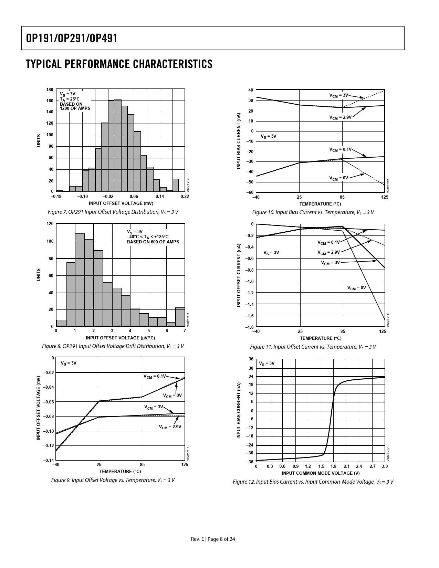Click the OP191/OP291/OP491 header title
click(72, 38)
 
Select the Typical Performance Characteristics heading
click(119, 64)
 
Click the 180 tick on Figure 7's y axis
click(50, 90)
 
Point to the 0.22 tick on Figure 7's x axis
click(185, 197)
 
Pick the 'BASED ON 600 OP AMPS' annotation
click(153, 242)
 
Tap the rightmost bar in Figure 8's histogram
click(180, 317)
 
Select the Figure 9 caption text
click(113, 480)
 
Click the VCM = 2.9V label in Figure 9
click(170, 427)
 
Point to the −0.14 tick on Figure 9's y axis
click(49, 461)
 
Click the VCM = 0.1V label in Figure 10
click(340, 149)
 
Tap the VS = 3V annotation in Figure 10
click(269, 136)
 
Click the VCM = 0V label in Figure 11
click(356, 288)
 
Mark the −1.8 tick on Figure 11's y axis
click(249, 327)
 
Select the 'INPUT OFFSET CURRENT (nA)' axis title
click(238, 275)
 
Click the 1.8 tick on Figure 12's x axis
click(333, 466)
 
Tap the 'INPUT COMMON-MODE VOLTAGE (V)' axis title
click(320, 473)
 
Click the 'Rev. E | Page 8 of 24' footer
click(213, 539)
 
